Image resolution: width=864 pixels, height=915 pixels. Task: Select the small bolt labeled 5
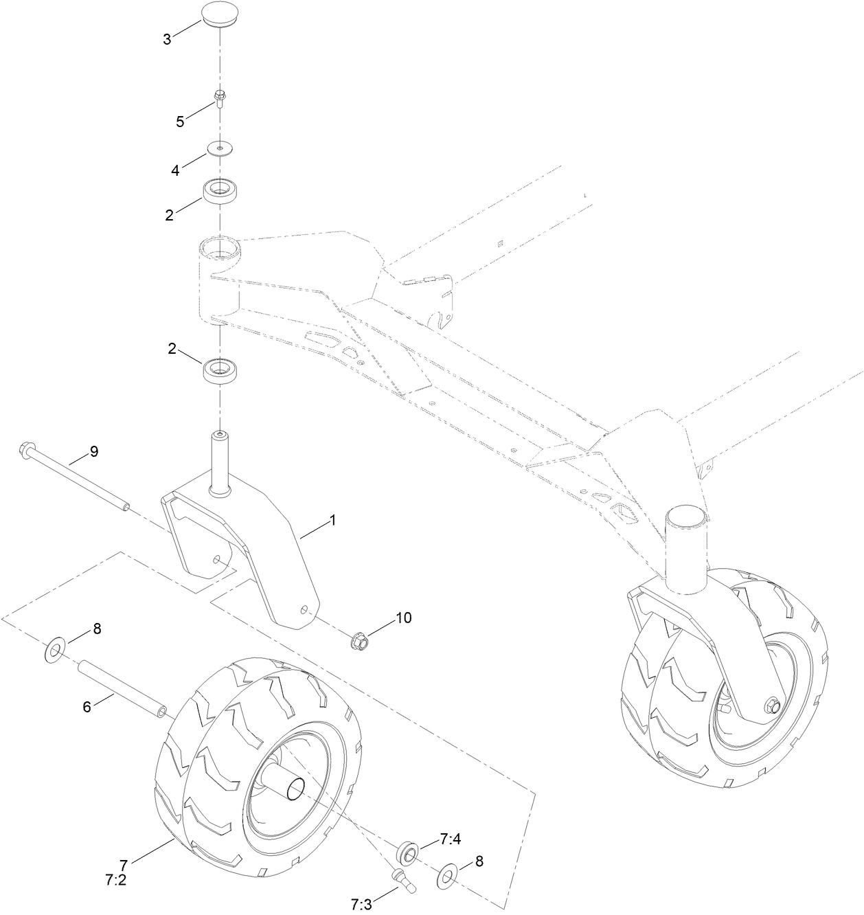220,100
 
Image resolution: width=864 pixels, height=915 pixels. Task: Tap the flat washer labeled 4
220,148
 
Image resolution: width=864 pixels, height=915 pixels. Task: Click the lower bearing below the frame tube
220,371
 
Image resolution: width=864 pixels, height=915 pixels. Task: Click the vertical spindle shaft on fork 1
219,460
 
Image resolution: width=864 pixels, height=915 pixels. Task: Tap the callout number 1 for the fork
332,521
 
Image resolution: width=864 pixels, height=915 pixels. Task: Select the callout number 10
402,618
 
